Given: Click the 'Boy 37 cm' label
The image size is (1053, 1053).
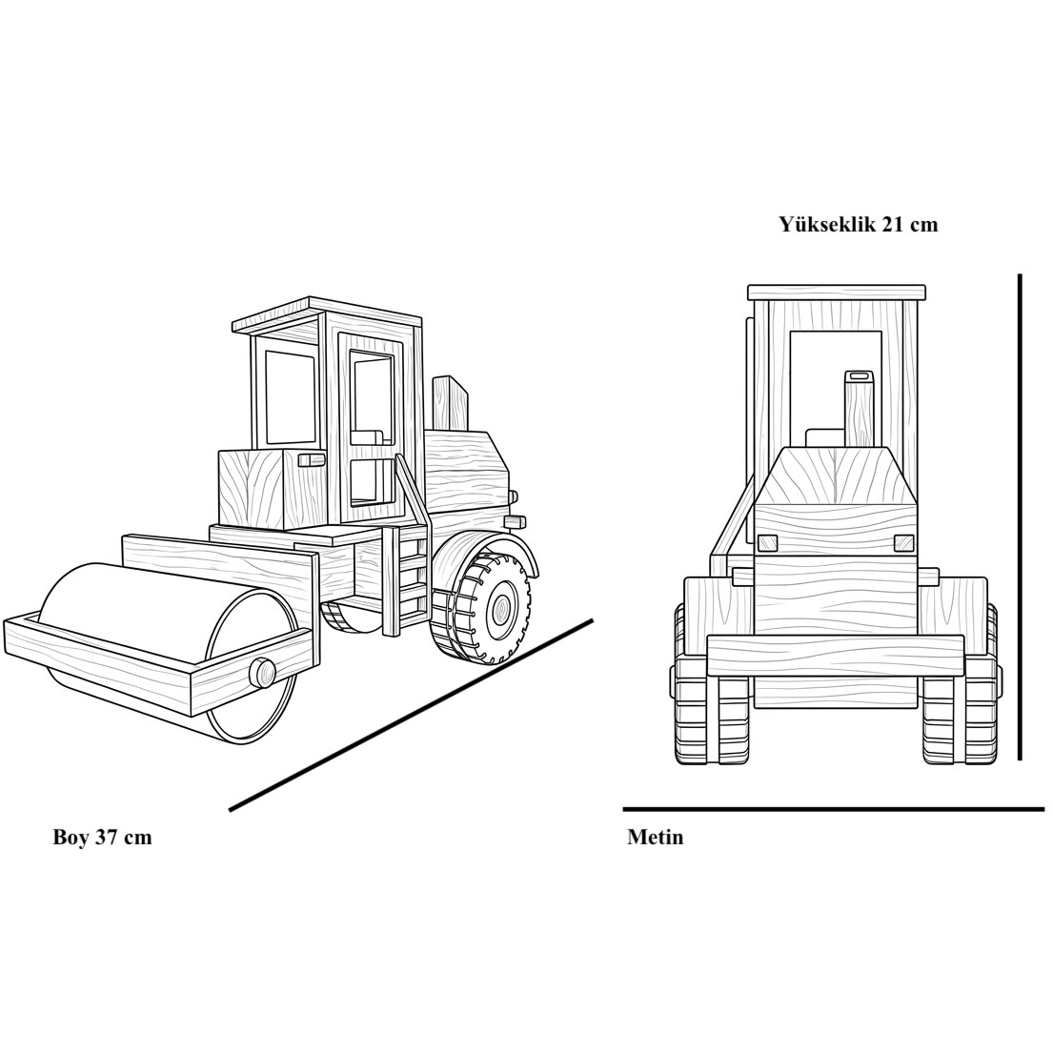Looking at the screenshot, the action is click(x=102, y=838).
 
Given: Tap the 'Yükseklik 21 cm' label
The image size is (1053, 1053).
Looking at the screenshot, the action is click(x=859, y=224).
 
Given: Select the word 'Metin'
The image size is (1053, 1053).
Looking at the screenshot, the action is click(x=656, y=838).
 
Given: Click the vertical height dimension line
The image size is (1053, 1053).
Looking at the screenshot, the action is click(x=1020, y=517).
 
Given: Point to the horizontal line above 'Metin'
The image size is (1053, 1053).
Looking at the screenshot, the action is click(x=834, y=809).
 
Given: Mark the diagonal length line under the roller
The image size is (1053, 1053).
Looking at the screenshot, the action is click(x=411, y=715).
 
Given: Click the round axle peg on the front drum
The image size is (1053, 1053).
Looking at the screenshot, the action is click(x=262, y=672).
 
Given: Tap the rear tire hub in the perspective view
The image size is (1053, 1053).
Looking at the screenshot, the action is click(x=501, y=609).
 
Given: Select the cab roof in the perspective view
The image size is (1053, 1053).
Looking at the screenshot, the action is click(x=327, y=315).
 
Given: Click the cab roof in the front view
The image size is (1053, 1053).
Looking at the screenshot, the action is click(x=836, y=293).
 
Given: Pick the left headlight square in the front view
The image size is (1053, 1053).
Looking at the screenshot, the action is click(x=766, y=542).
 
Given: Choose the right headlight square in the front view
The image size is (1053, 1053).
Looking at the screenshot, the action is click(x=904, y=542).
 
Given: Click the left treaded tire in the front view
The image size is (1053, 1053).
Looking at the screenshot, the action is click(x=712, y=712).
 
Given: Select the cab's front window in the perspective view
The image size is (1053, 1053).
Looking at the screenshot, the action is click(x=290, y=397).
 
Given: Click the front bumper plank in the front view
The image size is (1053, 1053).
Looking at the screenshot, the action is click(x=836, y=657).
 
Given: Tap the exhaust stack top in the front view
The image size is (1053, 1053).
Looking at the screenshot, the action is click(x=857, y=376).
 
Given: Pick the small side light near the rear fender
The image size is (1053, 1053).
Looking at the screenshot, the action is click(x=515, y=520).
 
